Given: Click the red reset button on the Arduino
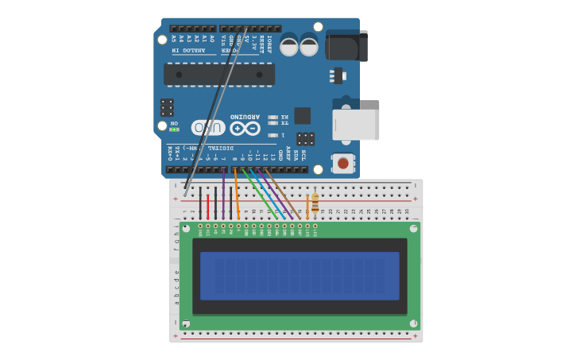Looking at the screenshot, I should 342,163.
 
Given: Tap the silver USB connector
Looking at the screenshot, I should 355,125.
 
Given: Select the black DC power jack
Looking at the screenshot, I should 346,45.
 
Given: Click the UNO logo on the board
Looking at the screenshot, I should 208,127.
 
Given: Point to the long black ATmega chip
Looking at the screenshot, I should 219,75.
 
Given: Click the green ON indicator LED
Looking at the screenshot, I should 174,130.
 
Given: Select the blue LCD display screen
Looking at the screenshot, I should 300,276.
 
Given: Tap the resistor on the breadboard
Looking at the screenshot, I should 315,202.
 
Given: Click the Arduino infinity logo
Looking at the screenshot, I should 245,128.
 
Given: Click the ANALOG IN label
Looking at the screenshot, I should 188,50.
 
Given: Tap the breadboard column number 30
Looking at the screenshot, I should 407,211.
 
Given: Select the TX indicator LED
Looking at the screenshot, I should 273,123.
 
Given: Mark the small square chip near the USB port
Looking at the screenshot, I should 302,115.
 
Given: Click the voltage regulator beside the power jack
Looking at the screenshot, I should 338,75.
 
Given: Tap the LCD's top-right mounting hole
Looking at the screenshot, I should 413,228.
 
